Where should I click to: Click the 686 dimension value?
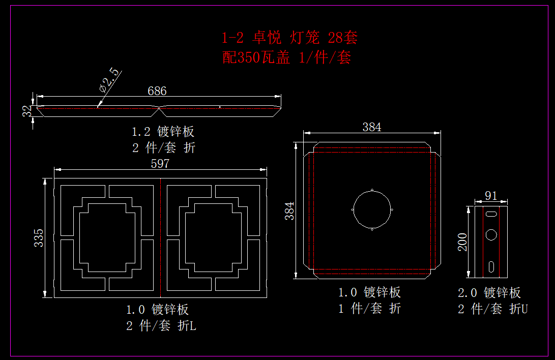pyautogui.click(x=157, y=91)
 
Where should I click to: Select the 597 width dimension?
pyautogui.click(x=160, y=164)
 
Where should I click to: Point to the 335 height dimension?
pyautogui.click(x=39, y=237)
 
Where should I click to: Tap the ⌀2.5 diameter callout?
pyautogui.click(x=110, y=80)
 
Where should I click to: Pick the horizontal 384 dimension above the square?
pyautogui.click(x=372, y=127)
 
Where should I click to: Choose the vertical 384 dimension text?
pyautogui.click(x=289, y=211)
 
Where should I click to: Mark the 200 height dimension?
pyautogui.click(x=463, y=242)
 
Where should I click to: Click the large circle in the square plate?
pyautogui.click(x=372, y=210)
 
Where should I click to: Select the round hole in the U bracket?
pyautogui.click(x=491, y=234)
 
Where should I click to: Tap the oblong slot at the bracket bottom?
pyautogui.click(x=492, y=266)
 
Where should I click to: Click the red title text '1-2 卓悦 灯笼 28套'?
pyautogui.click(x=289, y=38)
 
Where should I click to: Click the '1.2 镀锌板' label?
pyautogui.click(x=163, y=132)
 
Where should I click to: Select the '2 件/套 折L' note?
pyautogui.click(x=161, y=326)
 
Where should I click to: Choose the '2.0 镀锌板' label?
pyautogui.click(x=489, y=293)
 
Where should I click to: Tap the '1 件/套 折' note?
pyautogui.click(x=370, y=308)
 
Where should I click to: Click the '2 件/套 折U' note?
pyautogui.click(x=493, y=309)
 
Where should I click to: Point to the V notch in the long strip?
pyautogui.click(x=160, y=107)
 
